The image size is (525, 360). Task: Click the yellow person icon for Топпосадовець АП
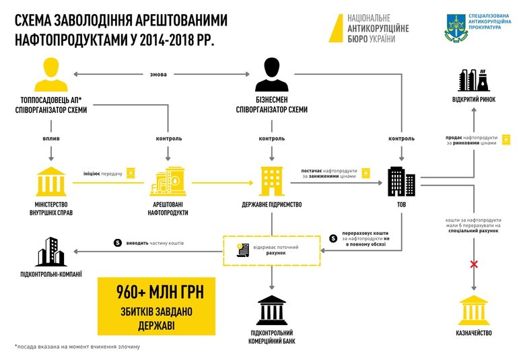pos(47,75)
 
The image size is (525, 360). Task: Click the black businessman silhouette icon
pos(271,75)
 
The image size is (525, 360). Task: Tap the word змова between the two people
pos(159,74)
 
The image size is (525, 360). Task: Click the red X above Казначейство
pos(474,264)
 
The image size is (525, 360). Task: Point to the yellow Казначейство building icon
pos(475,310)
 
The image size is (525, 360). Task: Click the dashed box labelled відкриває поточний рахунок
pos(271,251)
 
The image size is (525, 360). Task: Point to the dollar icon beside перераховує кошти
pos(335,238)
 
